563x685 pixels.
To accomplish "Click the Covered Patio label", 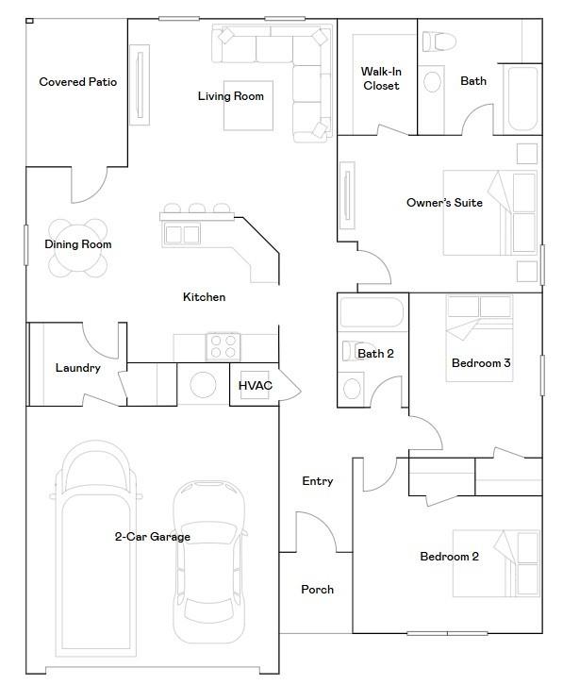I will pyautogui.click(x=77, y=82).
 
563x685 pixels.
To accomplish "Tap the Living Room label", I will pyautogui.click(x=230, y=96).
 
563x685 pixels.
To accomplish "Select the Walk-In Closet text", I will pyautogui.click(x=380, y=79).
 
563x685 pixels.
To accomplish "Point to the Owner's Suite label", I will pyautogui.click(x=444, y=203).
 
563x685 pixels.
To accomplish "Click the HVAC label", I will pyautogui.click(x=255, y=386).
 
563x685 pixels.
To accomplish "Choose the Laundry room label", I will pyautogui.click(x=77, y=368).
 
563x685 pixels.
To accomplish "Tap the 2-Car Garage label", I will pyautogui.click(x=153, y=537).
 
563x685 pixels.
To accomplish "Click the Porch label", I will pyautogui.click(x=317, y=590).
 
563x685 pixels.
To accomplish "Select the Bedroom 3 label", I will pyautogui.click(x=481, y=363).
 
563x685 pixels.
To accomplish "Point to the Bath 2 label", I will pyautogui.click(x=375, y=354).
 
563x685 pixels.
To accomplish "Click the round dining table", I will pyautogui.click(x=78, y=248).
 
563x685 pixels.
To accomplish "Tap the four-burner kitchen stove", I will pyautogui.click(x=223, y=346).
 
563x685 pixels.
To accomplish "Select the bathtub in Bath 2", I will pyautogui.click(x=373, y=312).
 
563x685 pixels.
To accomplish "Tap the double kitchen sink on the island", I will pyautogui.click(x=183, y=233).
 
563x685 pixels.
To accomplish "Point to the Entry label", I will pyautogui.click(x=317, y=481).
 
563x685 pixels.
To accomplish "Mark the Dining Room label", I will pyautogui.click(x=78, y=244).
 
